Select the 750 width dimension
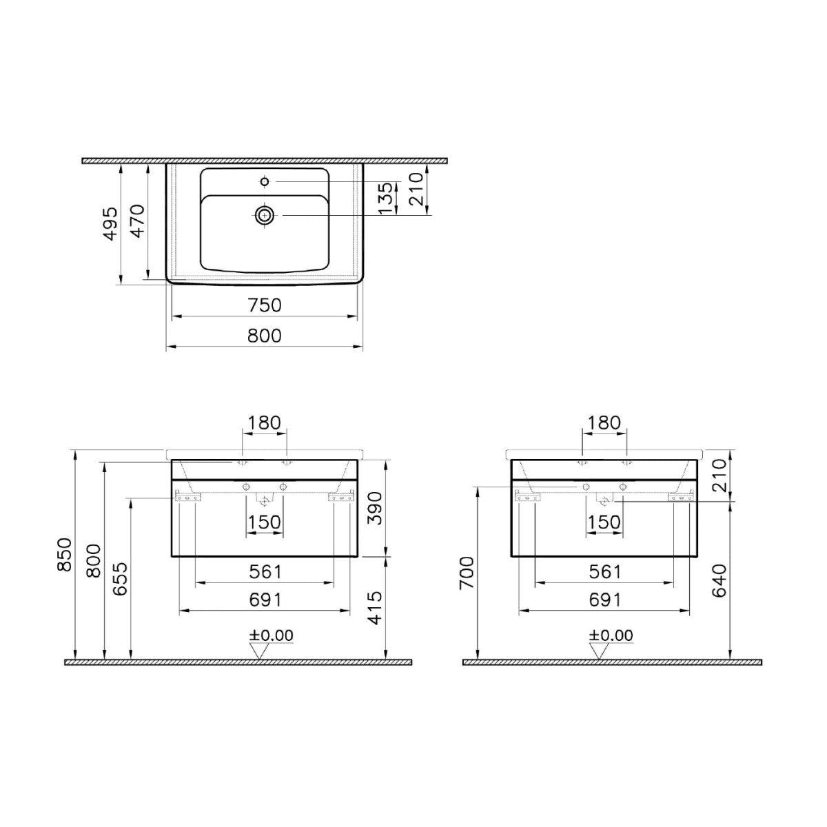pos(265,305)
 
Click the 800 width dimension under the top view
pos(265,336)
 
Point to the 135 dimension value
pos(386,198)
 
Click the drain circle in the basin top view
pos(265,214)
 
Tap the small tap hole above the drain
pos(265,182)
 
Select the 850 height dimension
pos(64,554)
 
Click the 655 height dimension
pos(121,579)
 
